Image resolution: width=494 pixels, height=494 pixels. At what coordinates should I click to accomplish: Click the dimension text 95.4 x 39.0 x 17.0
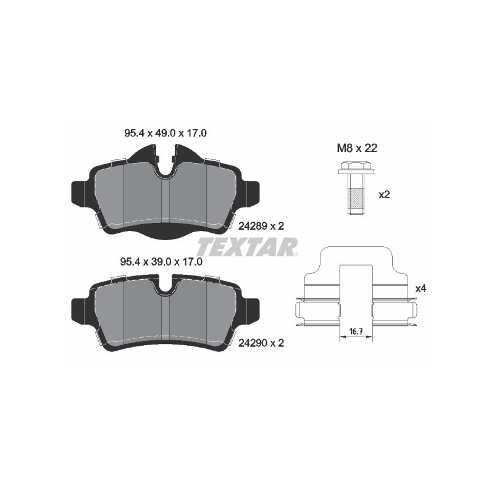pyautogui.click(x=161, y=261)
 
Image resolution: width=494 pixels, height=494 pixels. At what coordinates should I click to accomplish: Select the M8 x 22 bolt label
pyautogui.click(x=356, y=148)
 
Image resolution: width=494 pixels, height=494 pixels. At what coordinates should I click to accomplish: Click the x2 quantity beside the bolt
pyautogui.click(x=384, y=194)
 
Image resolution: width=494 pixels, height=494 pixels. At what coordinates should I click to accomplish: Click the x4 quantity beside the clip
pyautogui.click(x=421, y=288)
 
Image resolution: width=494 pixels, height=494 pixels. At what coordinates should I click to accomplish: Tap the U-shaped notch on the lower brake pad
pyautogui.click(x=165, y=288)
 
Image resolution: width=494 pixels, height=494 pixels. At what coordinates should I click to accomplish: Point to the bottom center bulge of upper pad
pyautogui.click(x=165, y=233)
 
